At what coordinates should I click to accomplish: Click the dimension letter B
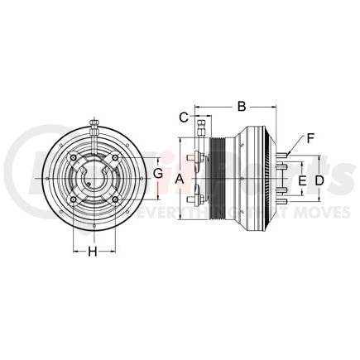(x=242, y=106)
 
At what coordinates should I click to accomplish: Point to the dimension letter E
(x=302, y=179)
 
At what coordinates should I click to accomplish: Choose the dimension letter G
(x=158, y=175)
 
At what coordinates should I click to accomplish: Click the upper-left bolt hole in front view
(x=75, y=160)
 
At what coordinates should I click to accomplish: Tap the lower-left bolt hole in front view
(x=75, y=199)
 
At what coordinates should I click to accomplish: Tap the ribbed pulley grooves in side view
(x=217, y=179)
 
